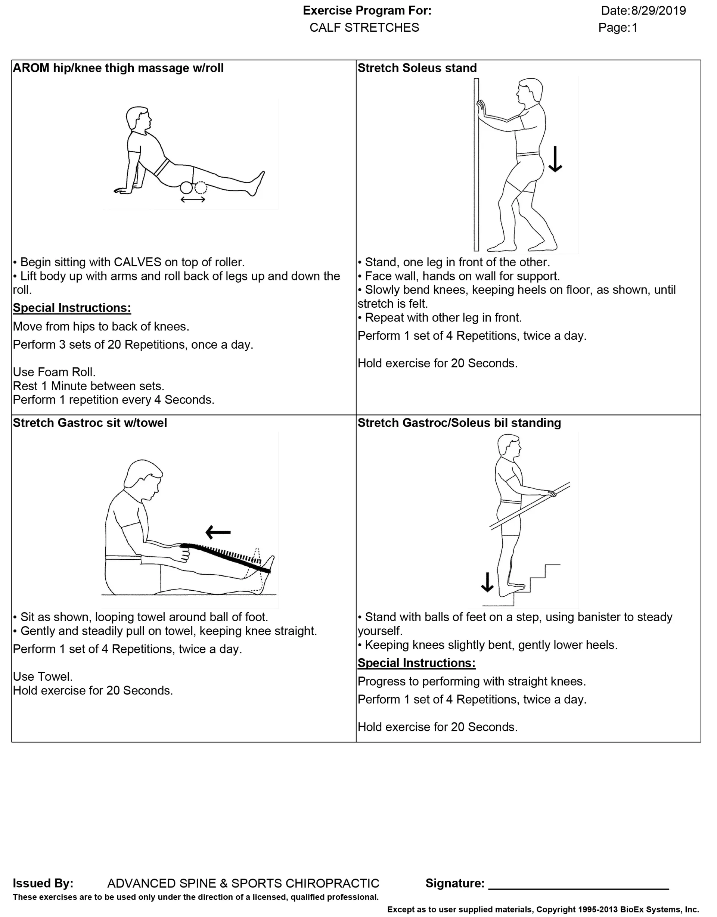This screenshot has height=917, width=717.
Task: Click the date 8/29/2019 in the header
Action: point(658,11)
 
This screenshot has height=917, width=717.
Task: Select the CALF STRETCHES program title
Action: point(364,28)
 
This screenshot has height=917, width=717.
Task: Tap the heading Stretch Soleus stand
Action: point(417,68)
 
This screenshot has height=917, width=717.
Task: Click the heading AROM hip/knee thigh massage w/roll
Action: point(118,68)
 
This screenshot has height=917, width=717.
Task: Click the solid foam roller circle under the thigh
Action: point(186,188)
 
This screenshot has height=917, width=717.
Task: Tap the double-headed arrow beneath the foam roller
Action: point(193,200)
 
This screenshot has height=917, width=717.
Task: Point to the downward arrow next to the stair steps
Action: point(487,582)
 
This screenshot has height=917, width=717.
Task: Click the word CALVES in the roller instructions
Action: point(137,262)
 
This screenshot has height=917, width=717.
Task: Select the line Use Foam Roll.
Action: point(54,372)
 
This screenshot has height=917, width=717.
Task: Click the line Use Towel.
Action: point(43,677)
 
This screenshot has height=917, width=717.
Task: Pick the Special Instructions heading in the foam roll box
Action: point(72,308)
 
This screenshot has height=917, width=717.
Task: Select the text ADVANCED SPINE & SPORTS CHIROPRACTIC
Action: point(243,883)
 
